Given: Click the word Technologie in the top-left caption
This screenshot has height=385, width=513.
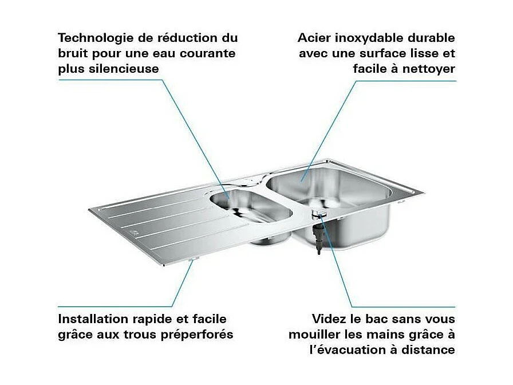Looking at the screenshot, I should point(94,38).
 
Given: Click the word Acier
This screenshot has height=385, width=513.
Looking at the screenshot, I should point(314,38).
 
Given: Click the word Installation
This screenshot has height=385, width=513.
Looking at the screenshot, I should point(93,319).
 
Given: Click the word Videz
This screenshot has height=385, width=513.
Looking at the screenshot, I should point(330,319).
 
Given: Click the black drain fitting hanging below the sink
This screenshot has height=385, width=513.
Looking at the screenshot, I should point(317,238).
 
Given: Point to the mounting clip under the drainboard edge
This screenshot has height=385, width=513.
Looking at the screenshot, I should point(192,261).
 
